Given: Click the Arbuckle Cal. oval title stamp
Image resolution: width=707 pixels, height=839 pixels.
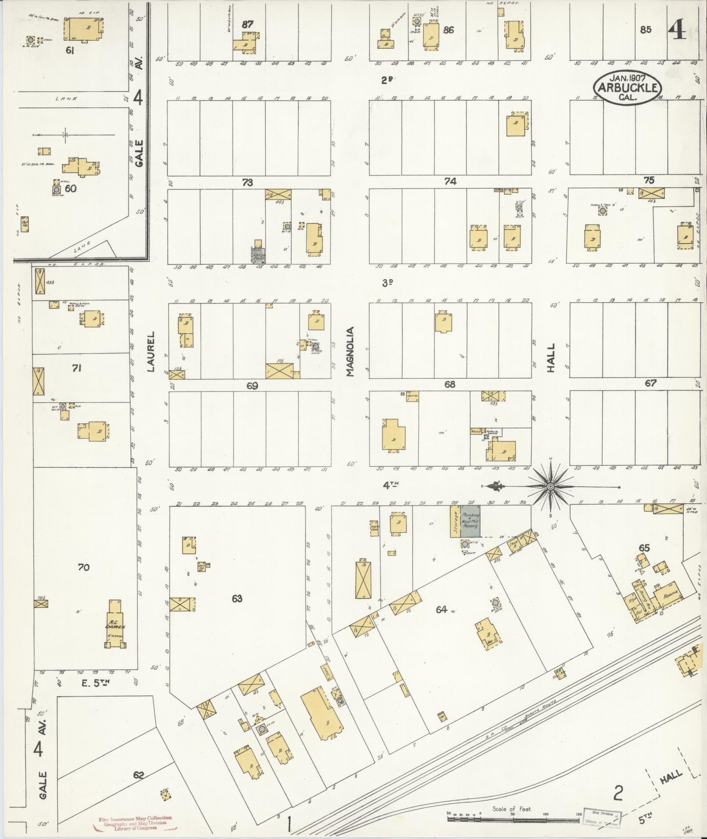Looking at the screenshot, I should pyautogui.click(x=626, y=87).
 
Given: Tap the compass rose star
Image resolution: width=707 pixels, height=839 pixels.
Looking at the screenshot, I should pyautogui.click(x=551, y=487).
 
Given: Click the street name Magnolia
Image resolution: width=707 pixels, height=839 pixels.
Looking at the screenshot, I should pyautogui.click(x=349, y=352).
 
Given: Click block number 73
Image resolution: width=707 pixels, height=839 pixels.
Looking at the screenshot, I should pyautogui.click(x=248, y=182).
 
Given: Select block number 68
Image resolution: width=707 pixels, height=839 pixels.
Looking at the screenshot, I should pyautogui.click(x=450, y=385).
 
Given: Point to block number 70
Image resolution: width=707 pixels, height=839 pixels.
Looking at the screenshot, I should pyautogui.click(x=83, y=567).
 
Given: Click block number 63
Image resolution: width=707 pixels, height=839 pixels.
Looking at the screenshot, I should pyautogui.click(x=237, y=598).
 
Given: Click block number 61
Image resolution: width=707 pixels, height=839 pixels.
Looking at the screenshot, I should pyautogui.click(x=69, y=51).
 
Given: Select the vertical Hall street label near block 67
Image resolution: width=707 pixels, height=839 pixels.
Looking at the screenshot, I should pyautogui.click(x=551, y=358).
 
